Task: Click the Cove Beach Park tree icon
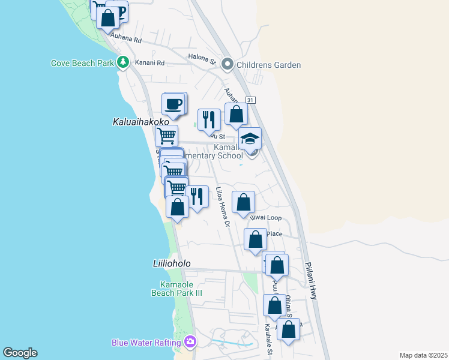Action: pos(123,62)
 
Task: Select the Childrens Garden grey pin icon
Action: pos(228,64)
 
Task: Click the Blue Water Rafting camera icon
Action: pos(190,342)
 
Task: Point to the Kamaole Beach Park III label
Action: pos(176,289)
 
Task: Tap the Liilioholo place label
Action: pos(172,263)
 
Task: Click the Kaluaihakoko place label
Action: pos(137,121)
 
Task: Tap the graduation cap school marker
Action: pos(250,139)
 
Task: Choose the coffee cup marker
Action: pos(173,104)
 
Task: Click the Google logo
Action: pos(20,353)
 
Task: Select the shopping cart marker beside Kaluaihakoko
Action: pos(166,135)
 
